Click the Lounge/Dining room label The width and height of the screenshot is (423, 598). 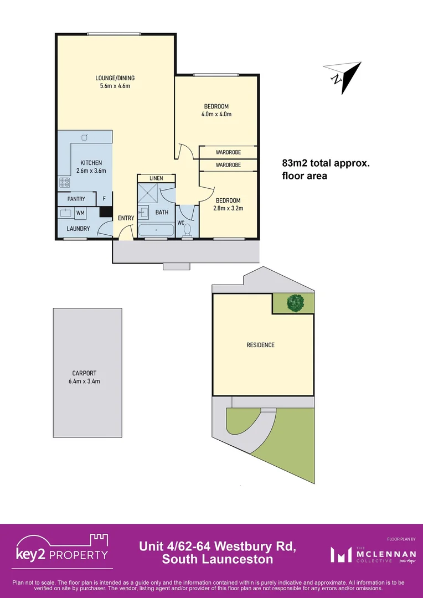[115, 78]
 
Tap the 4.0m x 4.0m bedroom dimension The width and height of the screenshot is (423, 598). [216, 115]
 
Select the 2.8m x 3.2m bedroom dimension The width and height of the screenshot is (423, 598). [228, 209]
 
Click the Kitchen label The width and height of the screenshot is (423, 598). [91, 163]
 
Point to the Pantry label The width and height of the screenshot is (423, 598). [76, 199]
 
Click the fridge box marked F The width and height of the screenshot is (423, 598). [104, 199]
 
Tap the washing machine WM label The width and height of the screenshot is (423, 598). [80, 213]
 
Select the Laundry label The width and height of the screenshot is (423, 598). [78, 229]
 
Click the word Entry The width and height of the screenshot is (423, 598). [126, 218]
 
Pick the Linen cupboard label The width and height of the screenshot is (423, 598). [156, 178]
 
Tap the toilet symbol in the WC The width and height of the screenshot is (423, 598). [187, 229]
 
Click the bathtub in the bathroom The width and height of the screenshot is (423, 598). [156, 230]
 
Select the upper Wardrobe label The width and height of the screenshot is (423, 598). [228, 152]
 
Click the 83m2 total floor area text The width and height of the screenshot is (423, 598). [325, 169]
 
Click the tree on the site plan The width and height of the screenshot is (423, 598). [295, 303]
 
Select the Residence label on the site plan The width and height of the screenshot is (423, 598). [260, 345]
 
